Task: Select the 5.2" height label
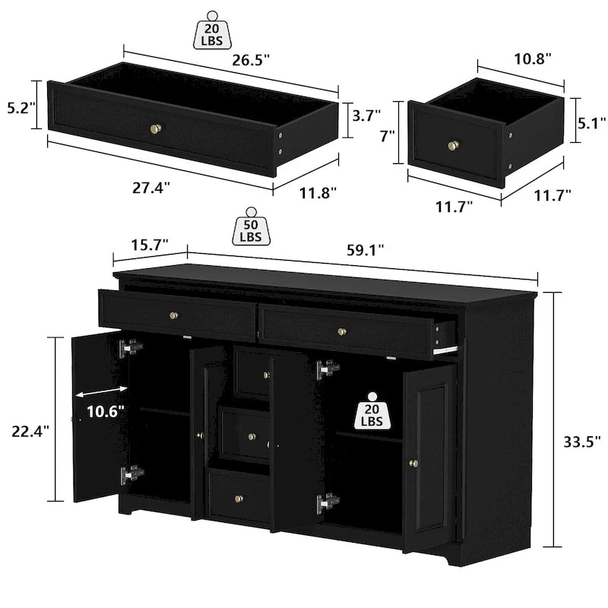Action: (17, 109)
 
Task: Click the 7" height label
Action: (387, 137)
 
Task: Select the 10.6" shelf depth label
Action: (105, 412)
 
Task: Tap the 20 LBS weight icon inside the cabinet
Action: (372, 411)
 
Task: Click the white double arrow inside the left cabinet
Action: (103, 390)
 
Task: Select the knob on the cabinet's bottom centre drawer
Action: (239, 498)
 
